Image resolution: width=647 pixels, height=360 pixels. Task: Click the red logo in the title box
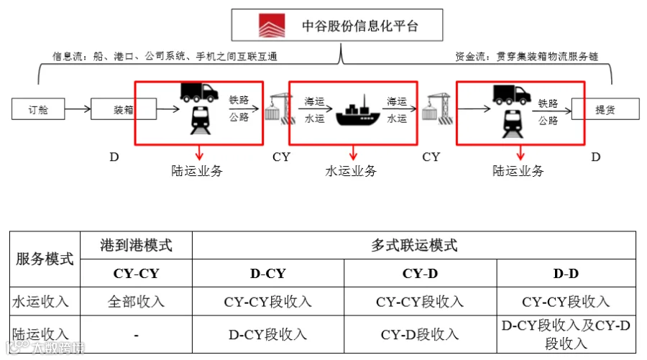(x=272, y=26)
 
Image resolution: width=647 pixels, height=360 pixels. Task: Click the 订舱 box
(x=38, y=109)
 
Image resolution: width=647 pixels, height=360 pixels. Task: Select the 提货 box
(x=605, y=109)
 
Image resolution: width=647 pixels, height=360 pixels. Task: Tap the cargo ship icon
(x=358, y=111)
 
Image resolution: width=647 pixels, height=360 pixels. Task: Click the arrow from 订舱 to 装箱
(x=78, y=109)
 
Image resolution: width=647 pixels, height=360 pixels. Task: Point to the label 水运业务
(x=351, y=171)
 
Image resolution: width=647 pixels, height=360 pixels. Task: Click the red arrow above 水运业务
(x=353, y=152)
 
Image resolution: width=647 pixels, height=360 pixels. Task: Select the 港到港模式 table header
(x=136, y=245)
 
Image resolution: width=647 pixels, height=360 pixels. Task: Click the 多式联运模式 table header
(x=414, y=245)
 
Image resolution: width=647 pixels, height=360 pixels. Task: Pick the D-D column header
(x=566, y=273)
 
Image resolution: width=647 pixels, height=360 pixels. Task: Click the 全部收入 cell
(x=136, y=302)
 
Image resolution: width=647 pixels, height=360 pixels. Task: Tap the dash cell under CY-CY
(x=136, y=334)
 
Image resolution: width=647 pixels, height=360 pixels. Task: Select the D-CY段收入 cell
(x=268, y=334)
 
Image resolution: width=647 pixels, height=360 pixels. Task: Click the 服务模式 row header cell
(x=45, y=259)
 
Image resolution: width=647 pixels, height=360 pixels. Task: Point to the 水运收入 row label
(x=40, y=302)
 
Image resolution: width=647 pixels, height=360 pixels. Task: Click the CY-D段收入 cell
(x=421, y=334)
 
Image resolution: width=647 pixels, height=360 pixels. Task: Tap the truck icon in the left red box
(x=199, y=93)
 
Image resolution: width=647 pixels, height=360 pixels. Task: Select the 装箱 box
(x=124, y=109)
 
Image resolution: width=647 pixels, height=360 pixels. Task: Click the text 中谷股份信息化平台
(x=360, y=26)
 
